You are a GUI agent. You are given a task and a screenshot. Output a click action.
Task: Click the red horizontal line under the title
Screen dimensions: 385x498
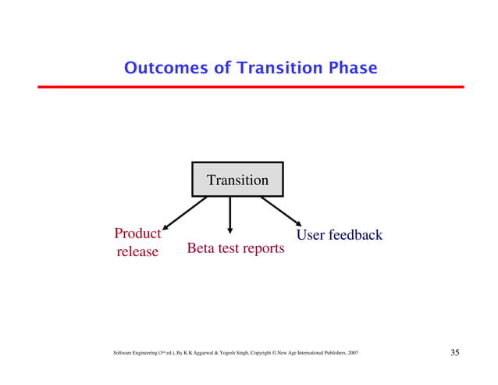click(x=249, y=87)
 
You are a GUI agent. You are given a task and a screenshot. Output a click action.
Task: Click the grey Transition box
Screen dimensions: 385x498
click(x=237, y=180)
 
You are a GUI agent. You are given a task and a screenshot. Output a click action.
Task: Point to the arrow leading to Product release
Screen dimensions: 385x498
click(x=185, y=212)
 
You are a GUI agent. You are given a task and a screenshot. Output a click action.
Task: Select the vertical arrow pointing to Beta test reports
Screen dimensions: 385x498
click(x=229, y=216)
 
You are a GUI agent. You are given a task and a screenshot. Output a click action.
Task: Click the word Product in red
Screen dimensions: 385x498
click(x=137, y=234)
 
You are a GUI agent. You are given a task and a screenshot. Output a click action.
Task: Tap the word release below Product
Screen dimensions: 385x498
click(x=137, y=251)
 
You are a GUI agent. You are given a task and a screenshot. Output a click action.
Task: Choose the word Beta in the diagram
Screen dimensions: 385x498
click(x=201, y=249)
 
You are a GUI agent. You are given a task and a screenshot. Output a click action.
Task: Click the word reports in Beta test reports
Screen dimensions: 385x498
click(x=261, y=250)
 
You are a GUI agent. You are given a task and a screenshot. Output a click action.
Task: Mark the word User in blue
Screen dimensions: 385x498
click(x=312, y=234)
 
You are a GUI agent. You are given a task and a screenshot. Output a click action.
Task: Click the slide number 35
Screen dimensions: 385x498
click(x=455, y=353)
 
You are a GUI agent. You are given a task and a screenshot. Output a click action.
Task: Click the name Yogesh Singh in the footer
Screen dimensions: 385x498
click(x=235, y=355)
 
